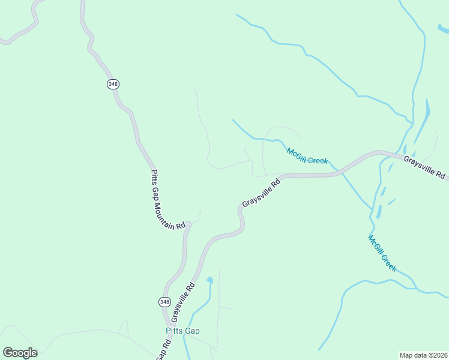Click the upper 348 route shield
[113, 84]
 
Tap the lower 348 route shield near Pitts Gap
[164, 301]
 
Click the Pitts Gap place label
[182, 331]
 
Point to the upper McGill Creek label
[307, 156]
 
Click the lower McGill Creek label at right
[382, 253]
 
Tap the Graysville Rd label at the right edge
[425, 167]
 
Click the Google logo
[20, 353]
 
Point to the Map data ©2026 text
[423, 355]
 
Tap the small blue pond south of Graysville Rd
[209, 280]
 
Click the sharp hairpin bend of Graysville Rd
[242, 225]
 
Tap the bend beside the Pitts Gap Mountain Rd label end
[188, 224]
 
